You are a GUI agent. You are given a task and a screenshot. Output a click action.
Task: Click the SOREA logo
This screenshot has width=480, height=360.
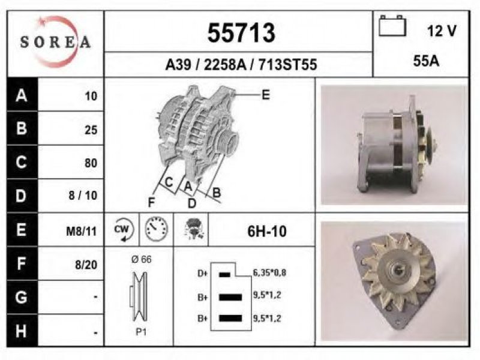pos(56,41)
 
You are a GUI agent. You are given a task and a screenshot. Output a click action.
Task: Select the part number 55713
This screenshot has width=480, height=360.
pos(241,33)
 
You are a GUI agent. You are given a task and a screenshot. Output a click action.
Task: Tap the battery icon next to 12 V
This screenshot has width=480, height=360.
pos(392,26)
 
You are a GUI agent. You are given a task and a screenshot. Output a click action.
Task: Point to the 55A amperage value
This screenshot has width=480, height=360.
pos(426,61)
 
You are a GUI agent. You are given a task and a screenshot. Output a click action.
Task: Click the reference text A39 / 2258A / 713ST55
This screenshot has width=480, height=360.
pos(241,65)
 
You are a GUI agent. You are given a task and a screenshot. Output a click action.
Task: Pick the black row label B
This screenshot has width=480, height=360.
pos(22,128)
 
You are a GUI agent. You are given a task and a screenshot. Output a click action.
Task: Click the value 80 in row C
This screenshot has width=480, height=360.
pos(91,163)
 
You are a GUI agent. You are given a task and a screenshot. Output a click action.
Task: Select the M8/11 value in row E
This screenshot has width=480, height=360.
pos(81,232)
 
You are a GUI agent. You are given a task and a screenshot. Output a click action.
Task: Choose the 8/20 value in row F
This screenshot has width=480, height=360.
pos(86,265)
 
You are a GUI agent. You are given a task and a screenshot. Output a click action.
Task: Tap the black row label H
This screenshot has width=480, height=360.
pos(22,331)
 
